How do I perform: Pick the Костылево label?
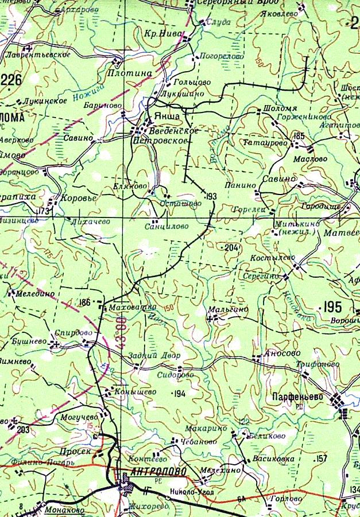[x=269, y=259]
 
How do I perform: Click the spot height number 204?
[x=231, y=248]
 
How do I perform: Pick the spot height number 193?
[x=211, y=197]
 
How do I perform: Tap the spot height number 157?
[x=321, y=458]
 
